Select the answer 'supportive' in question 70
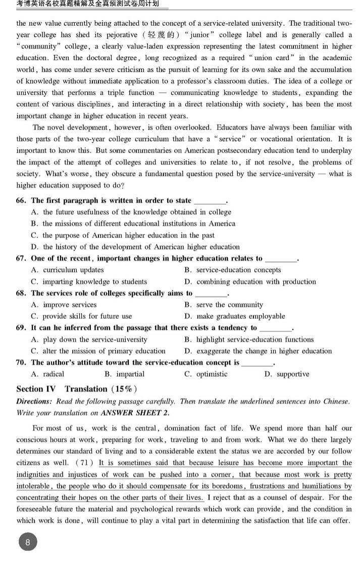tap(286, 374)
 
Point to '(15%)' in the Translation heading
tap(124, 389)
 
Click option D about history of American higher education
tap(135, 247)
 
